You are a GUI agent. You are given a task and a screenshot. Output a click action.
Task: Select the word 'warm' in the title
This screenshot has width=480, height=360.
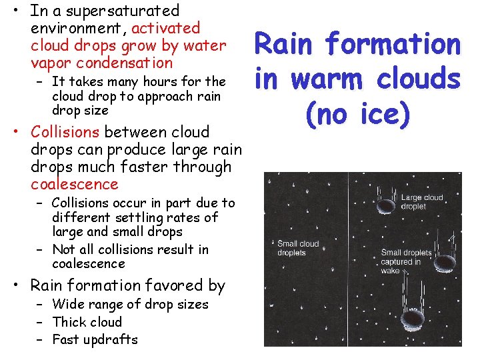[329, 79]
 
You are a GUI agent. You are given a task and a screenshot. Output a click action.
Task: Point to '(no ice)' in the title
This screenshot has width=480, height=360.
[357, 113]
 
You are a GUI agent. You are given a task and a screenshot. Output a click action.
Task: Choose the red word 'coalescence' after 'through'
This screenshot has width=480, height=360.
[74, 184]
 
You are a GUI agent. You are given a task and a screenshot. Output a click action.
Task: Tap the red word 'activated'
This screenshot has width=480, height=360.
[166, 28]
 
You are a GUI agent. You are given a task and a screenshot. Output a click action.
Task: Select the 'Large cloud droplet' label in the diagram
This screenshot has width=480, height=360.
[423, 202]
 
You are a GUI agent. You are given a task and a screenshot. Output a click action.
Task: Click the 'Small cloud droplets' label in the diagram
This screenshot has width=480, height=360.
[298, 248]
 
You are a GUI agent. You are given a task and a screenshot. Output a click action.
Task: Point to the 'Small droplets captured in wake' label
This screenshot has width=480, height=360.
[406, 261]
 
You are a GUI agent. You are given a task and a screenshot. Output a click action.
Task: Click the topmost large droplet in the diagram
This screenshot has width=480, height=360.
[385, 207]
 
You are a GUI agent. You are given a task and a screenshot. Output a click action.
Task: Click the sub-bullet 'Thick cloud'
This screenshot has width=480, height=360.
[87, 322]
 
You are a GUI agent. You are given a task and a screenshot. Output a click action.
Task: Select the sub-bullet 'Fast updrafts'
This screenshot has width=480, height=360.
[94, 339]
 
